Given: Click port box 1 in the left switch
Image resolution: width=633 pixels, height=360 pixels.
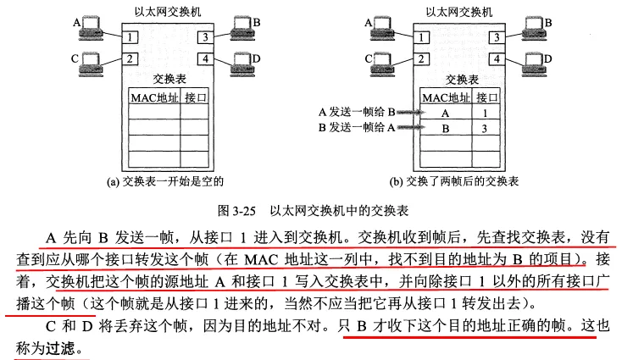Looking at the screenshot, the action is [x=130, y=37].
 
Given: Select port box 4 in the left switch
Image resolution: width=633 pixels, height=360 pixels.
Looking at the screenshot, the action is [x=205, y=59].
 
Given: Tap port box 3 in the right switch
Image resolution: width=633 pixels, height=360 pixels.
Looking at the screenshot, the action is [x=497, y=37].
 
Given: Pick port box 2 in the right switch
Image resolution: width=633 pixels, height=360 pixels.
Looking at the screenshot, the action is [x=421, y=59].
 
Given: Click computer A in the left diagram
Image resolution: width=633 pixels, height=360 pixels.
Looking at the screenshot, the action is [x=92, y=28].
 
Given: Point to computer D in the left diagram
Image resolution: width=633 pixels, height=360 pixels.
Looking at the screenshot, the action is [x=242, y=64].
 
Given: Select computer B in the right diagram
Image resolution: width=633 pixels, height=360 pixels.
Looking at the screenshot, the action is [x=535, y=28].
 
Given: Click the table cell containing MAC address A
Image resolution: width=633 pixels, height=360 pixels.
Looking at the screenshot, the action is [x=446, y=113].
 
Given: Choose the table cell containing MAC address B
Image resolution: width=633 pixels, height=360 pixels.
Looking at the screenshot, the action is [x=446, y=129].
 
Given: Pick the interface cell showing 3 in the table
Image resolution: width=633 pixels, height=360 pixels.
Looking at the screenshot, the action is [x=486, y=129].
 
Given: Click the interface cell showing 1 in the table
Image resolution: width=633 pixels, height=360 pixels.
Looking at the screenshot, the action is [x=486, y=113].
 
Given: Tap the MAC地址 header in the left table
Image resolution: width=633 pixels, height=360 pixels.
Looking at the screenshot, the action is [x=154, y=97].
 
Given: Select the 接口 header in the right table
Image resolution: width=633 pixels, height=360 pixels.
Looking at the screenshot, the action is [x=487, y=97].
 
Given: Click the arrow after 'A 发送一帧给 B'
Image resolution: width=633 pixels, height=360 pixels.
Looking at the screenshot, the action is [x=411, y=112].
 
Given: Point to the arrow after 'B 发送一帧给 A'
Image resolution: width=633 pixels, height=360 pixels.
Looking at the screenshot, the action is [x=411, y=128].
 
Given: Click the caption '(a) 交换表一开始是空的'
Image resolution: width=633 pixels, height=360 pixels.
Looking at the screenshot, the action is [x=165, y=181].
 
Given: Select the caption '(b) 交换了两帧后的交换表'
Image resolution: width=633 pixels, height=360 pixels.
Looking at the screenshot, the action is [x=454, y=181].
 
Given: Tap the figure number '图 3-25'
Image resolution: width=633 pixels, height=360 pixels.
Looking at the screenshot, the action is [x=237, y=211].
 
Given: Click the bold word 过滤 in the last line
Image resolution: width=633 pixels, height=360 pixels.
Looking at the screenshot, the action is [x=60, y=348].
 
